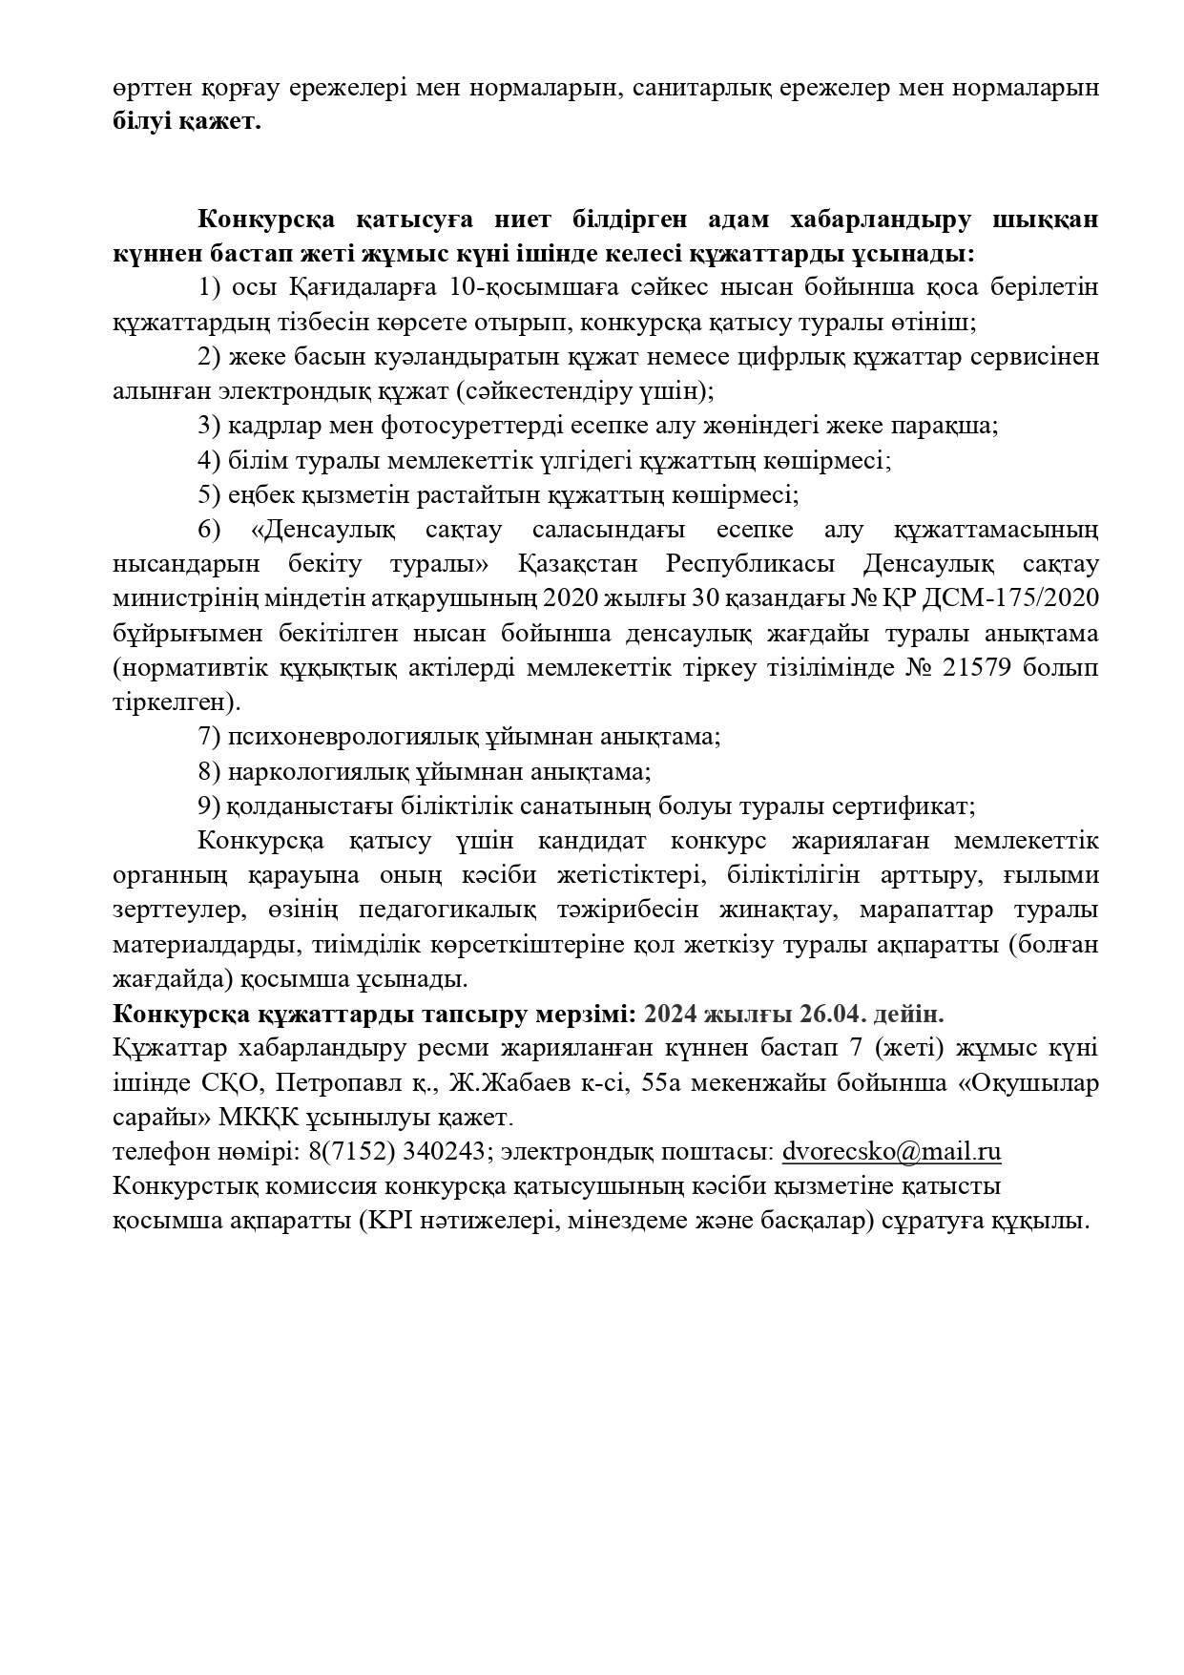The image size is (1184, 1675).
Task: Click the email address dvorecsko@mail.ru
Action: [x=891, y=1152]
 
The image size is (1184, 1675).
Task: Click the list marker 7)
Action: [x=210, y=737]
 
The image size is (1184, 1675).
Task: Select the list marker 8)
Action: [x=210, y=771]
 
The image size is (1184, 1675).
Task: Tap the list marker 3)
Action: [x=210, y=426]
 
